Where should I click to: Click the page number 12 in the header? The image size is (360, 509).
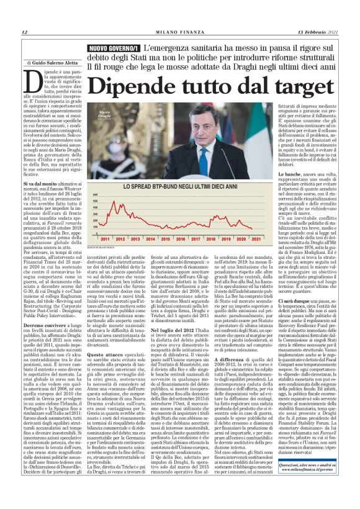pyautogui.click(x=24, y=32)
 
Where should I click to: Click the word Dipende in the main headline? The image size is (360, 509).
pyautogui.click(x=150, y=83)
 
